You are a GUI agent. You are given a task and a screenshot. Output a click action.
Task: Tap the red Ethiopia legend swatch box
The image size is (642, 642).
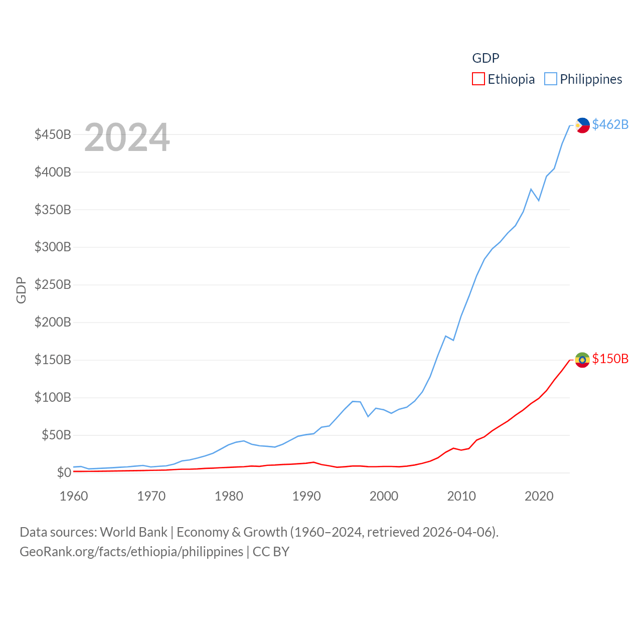(478, 79)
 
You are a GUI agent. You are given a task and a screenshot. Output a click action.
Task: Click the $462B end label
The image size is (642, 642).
(610, 124)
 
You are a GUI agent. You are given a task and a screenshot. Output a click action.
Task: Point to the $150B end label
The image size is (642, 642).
(610, 359)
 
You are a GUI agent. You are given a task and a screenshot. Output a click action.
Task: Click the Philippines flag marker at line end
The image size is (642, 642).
(582, 125)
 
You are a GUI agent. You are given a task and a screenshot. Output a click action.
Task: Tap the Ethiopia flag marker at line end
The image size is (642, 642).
(582, 360)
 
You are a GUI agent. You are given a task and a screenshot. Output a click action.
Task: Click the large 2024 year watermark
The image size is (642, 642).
(127, 137)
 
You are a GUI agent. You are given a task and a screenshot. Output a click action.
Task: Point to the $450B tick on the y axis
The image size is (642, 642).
(53, 134)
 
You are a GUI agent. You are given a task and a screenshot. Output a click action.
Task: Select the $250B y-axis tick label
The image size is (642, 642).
(53, 285)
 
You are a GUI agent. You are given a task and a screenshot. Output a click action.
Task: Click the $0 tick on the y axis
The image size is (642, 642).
(64, 472)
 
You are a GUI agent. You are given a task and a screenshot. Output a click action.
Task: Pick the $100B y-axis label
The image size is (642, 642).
(53, 398)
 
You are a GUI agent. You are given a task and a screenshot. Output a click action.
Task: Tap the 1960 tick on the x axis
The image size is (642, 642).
(74, 496)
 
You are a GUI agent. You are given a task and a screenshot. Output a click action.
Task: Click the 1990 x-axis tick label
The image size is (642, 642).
(306, 496)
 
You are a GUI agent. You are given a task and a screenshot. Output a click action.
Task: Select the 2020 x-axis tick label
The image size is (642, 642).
(539, 496)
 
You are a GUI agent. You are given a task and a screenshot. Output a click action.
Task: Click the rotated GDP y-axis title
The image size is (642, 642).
(21, 290)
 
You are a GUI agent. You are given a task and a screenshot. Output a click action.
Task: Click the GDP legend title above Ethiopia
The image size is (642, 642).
(486, 58)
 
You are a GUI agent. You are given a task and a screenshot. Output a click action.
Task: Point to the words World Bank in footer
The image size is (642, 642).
(133, 532)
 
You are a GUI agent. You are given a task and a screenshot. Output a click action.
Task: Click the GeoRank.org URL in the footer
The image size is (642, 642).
(131, 552)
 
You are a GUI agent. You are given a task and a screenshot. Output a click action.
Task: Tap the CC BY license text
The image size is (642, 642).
(271, 552)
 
